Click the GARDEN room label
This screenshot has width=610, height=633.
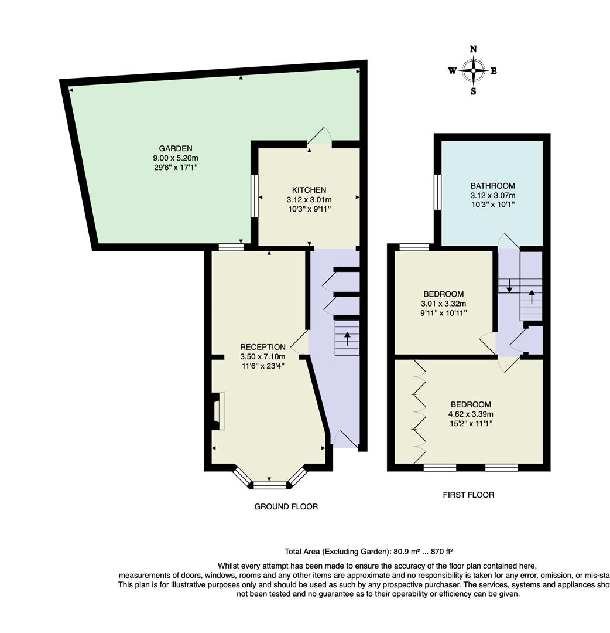click(x=176, y=148)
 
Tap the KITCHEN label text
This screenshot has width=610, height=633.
click(x=309, y=190)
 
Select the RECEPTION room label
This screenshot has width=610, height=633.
click(x=263, y=347)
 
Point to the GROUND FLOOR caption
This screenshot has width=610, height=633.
click(x=286, y=506)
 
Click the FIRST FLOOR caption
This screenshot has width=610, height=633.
click(x=468, y=495)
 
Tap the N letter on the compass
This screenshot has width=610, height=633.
click(x=474, y=49)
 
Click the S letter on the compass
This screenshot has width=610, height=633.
click(x=474, y=91)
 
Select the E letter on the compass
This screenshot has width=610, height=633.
click(x=494, y=71)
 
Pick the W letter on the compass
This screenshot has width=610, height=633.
click(x=453, y=71)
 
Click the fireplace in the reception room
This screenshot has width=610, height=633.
click(x=218, y=411)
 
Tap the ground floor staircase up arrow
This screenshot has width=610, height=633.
click(x=347, y=338)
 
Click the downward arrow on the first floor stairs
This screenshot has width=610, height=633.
click(x=509, y=285)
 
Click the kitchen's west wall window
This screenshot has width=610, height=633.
click(x=254, y=196)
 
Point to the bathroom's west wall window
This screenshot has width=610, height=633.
click(x=437, y=192)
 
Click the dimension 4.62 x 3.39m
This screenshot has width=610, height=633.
click(x=471, y=414)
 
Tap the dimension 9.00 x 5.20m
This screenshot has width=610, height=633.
click(x=176, y=158)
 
